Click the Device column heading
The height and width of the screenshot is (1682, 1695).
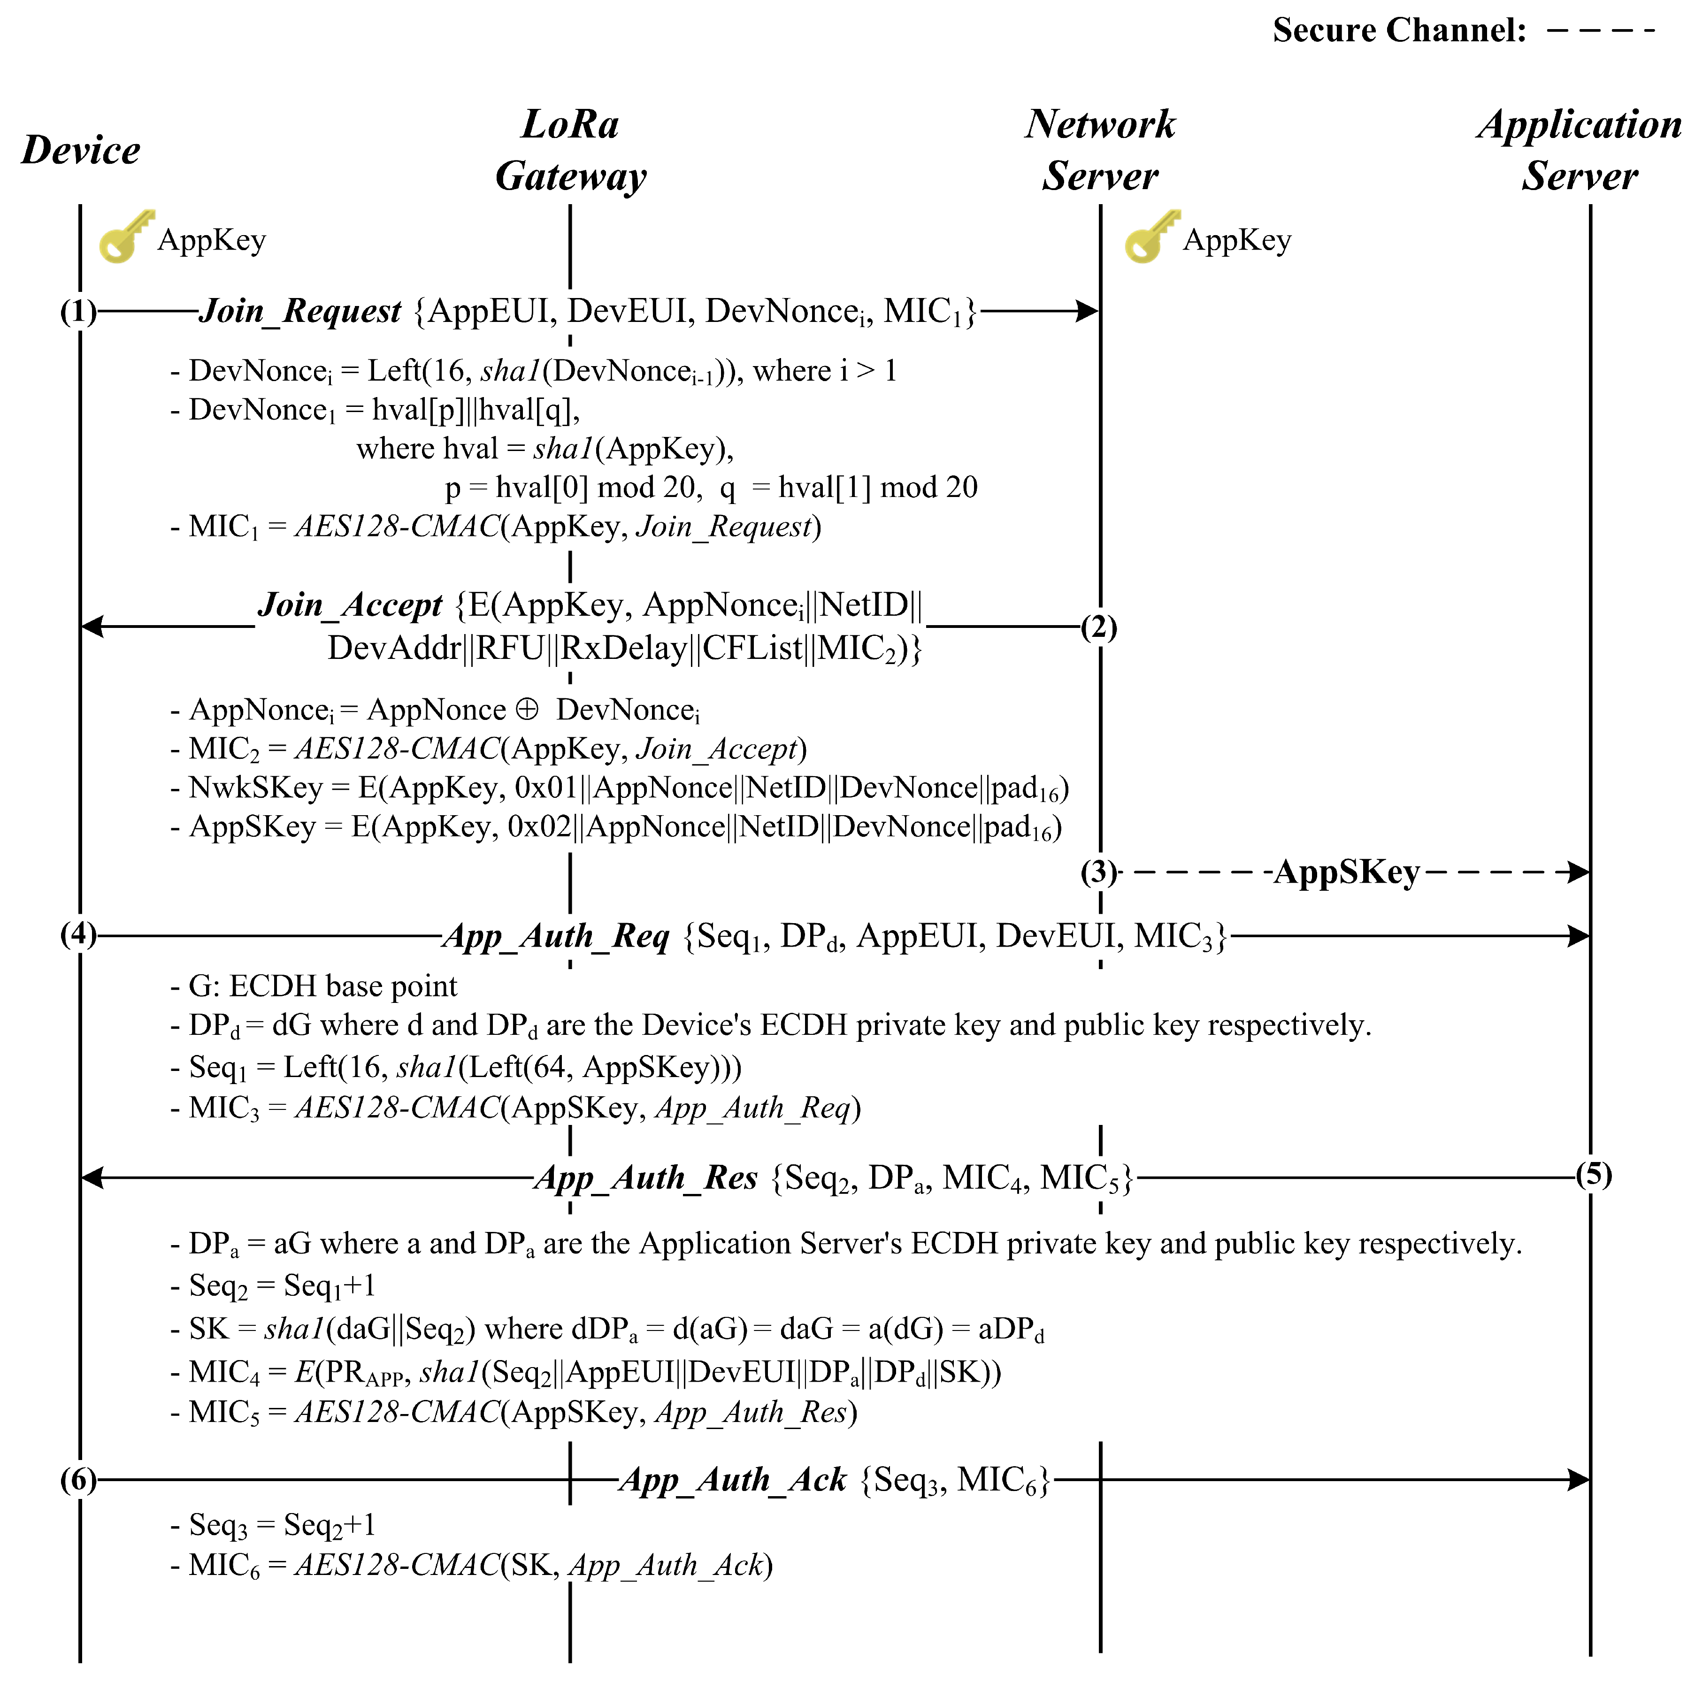coord(81,150)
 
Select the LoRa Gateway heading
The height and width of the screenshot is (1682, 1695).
coord(570,150)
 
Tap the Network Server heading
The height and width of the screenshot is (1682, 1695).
coord(1100,150)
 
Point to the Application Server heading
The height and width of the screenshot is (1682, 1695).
coord(1579,150)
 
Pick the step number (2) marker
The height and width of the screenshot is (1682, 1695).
coord(1098,628)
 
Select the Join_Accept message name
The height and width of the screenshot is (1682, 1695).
coord(350,605)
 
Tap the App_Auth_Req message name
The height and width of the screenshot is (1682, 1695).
coord(556,937)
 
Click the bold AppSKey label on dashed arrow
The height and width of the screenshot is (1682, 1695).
coord(1347,872)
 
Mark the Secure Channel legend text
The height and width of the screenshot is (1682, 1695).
coord(1399,31)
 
